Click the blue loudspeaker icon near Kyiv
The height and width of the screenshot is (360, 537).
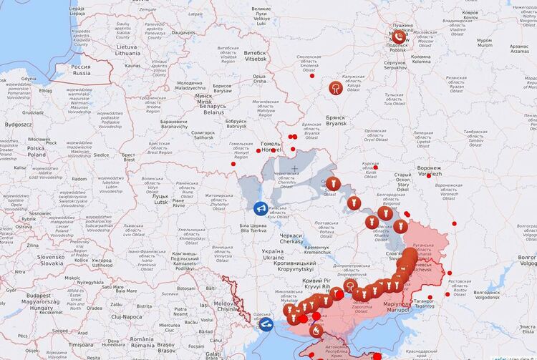click(x=260, y=208)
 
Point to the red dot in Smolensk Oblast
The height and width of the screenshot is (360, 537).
click(x=311, y=76)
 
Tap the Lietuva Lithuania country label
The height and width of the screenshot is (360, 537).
click(x=108, y=49)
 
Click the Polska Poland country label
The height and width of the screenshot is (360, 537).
click(x=37, y=151)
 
